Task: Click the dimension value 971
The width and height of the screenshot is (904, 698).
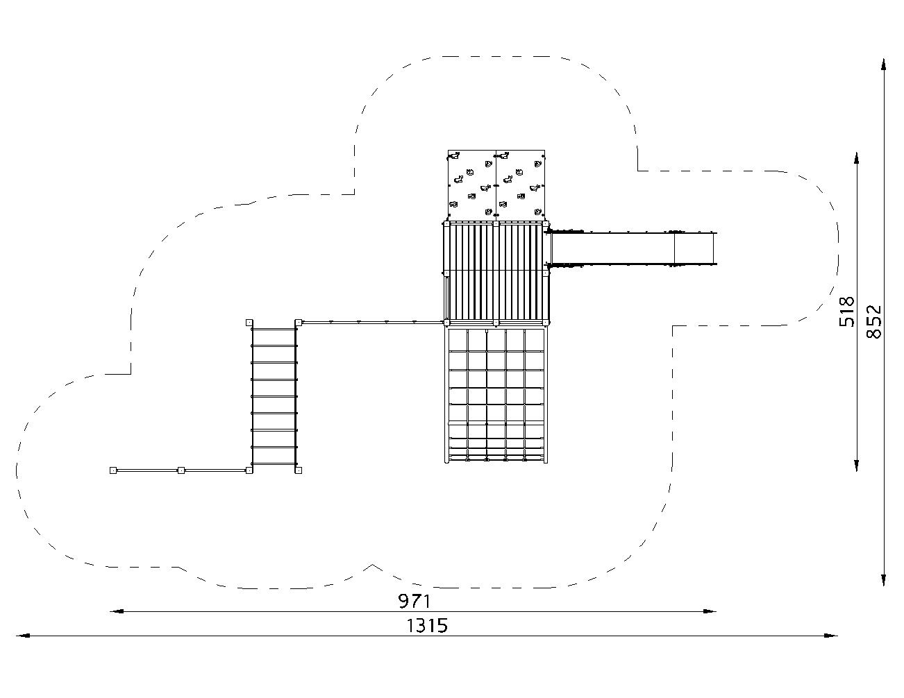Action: [x=414, y=601]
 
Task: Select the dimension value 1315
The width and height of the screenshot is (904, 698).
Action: [x=427, y=626]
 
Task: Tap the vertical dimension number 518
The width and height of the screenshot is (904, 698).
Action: [x=846, y=312]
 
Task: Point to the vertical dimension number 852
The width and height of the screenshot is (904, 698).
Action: [x=874, y=321]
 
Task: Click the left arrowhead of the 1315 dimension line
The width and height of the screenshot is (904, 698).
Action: [x=23, y=636]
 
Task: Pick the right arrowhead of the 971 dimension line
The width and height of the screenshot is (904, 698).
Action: [x=710, y=611]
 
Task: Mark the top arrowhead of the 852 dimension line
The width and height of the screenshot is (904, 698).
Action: [x=883, y=66]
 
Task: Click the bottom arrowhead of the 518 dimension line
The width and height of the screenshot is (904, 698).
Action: [x=856, y=465]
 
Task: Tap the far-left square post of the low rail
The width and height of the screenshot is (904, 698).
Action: [x=113, y=470]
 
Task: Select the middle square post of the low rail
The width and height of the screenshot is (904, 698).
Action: [x=181, y=470]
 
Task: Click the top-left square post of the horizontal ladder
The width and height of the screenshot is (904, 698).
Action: [x=249, y=322]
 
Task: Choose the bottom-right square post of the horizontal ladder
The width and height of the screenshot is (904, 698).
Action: [x=299, y=470]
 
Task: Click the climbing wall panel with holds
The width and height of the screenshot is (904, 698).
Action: [x=496, y=185]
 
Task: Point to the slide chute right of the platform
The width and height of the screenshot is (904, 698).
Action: [x=633, y=248]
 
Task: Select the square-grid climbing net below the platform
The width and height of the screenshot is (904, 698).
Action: [x=496, y=395]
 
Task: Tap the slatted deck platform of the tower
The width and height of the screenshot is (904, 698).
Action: [x=496, y=273]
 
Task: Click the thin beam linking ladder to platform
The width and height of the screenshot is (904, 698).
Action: [x=372, y=322]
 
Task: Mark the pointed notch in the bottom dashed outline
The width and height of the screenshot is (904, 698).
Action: [x=373, y=565]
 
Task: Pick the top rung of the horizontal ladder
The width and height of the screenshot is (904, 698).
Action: [x=274, y=330]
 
